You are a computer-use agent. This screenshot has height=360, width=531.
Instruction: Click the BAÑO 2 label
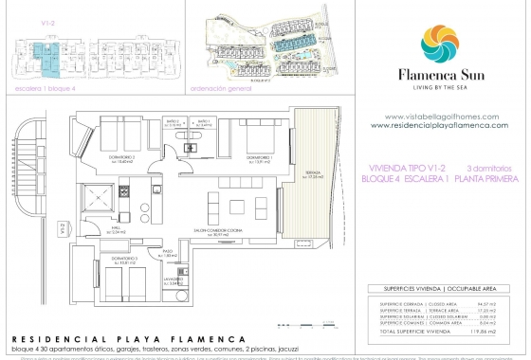172,123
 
